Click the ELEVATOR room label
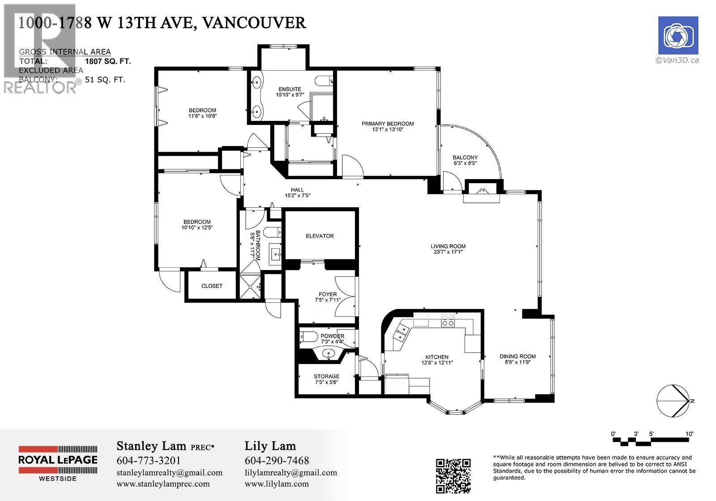320,236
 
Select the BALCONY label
465,158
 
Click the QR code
453,475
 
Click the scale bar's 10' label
689,434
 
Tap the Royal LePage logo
58,463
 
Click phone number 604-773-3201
149,461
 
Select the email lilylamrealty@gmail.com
291,473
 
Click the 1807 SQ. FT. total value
108,61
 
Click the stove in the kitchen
448,321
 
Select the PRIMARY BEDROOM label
388,124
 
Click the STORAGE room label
326,376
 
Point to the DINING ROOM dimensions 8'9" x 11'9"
517,363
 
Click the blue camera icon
678,35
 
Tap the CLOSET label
212,286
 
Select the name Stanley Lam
151,446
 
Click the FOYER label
328,294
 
